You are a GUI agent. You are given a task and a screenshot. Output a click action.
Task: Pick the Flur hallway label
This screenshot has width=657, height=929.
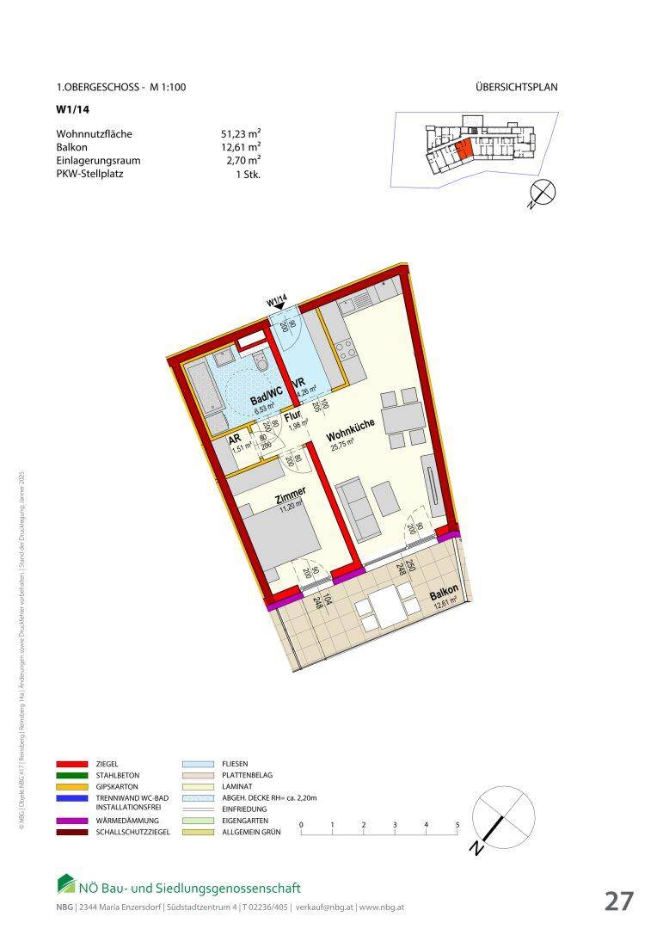pyautogui.click(x=292, y=416)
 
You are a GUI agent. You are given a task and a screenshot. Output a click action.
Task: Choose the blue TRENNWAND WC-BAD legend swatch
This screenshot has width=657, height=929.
pyautogui.click(x=71, y=798)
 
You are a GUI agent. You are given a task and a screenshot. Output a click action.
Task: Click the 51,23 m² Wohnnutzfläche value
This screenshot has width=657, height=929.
pyautogui.click(x=241, y=134)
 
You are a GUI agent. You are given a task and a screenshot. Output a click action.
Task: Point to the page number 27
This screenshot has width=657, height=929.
pyautogui.click(x=618, y=901)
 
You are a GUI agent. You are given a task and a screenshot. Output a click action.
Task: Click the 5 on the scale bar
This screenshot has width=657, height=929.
pyautogui.click(x=457, y=825)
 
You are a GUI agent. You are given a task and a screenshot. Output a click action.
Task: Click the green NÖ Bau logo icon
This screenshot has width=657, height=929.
pyautogui.click(x=66, y=884)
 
